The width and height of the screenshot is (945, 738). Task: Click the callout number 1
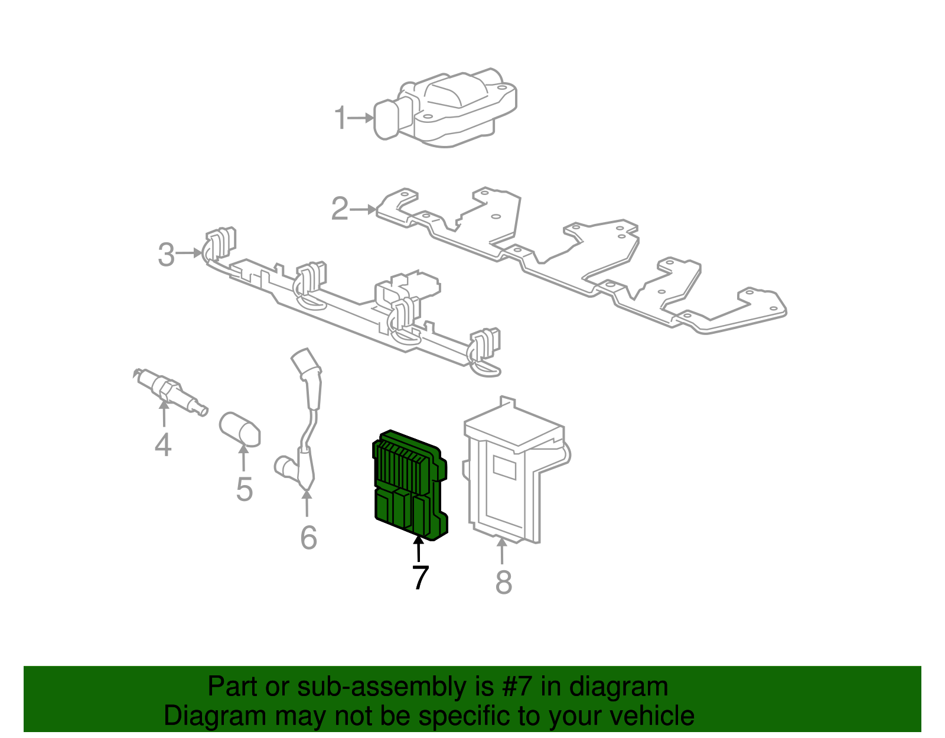[x=340, y=118]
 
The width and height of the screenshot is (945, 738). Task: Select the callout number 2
[x=340, y=209]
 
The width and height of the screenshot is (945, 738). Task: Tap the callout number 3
[x=167, y=255]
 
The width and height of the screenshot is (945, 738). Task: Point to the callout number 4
[x=163, y=444]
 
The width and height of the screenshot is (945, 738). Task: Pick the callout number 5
[x=244, y=489]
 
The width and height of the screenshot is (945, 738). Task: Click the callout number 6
[x=308, y=537]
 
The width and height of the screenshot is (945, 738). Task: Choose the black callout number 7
[x=419, y=577]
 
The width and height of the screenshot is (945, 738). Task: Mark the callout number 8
[x=503, y=582]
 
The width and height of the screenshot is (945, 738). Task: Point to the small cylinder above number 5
[x=240, y=429]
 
